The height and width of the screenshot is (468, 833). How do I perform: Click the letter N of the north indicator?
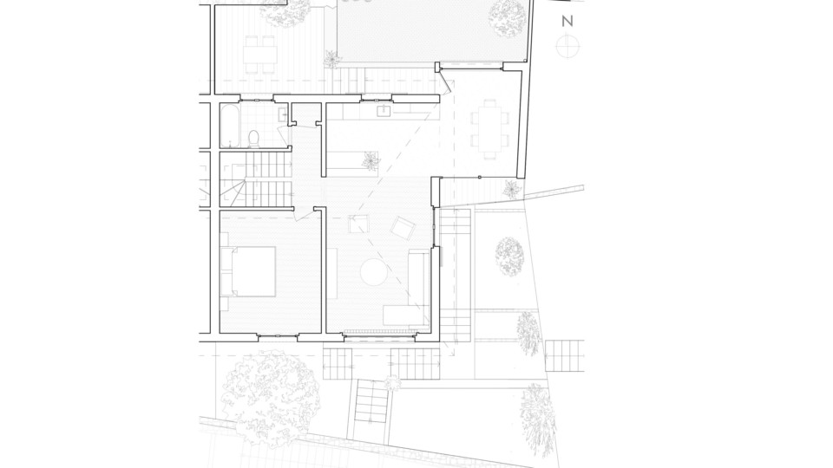[x=567, y=21]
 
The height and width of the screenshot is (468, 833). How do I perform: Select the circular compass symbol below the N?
[x=567, y=46]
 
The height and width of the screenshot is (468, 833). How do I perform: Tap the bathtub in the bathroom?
[x=229, y=125]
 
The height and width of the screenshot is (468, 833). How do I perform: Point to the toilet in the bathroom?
[x=254, y=139]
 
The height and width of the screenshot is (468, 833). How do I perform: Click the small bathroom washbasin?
[x=282, y=114]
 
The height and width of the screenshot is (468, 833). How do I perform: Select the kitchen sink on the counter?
[x=384, y=110]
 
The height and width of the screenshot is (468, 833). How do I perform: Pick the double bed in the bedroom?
[x=249, y=271]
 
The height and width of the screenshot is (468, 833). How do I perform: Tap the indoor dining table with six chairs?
[x=489, y=128]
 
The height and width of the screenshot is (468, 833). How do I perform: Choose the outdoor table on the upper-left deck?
[x=260, y=54]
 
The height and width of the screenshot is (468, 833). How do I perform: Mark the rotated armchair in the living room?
[x=402, y=228]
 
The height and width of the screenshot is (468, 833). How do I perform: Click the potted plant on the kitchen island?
[x=371, y=159]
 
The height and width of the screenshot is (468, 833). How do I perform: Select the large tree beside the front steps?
[x=271, y=398]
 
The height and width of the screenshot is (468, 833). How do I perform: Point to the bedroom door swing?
[x=305, y=215]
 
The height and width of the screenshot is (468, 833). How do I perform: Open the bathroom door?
[x=285, y=135]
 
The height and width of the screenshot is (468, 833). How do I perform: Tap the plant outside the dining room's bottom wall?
[x=512, y=189]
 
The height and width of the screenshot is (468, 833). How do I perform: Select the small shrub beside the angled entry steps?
[x=392, y=382]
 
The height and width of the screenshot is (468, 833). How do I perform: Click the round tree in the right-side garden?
[x=509, y=257]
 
